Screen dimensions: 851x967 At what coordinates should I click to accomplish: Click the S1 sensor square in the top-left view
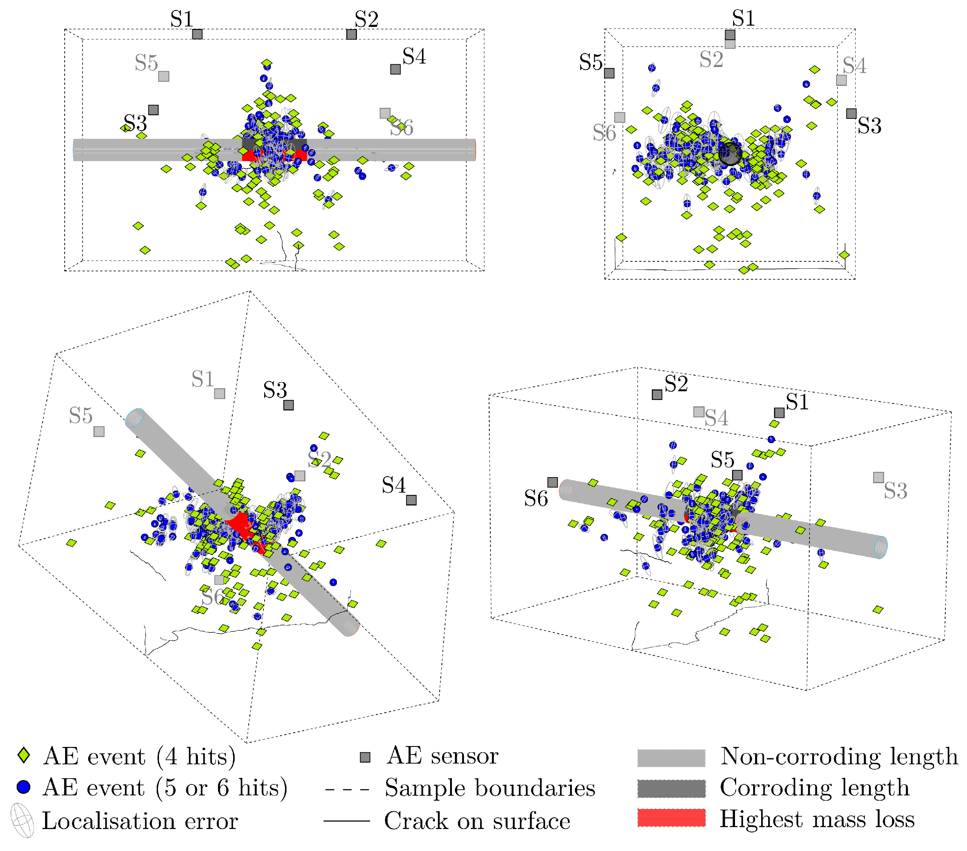[197, 34]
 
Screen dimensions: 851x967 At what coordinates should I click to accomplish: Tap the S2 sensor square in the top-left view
[351, 34]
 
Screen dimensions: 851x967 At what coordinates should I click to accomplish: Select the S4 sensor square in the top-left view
[396, 69]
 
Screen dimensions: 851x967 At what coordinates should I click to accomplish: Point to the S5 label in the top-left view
[146, 63]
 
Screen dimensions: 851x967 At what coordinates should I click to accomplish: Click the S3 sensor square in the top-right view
[851, 114]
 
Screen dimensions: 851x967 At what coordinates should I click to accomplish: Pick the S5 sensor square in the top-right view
[609, 73]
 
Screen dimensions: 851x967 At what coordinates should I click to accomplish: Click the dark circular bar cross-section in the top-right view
[730, 154]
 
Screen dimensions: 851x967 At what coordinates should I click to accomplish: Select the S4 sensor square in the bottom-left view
[411, 500]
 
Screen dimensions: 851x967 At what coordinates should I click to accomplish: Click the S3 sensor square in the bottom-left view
[288, 405]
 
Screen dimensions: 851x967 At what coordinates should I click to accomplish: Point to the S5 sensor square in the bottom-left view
[99, 431]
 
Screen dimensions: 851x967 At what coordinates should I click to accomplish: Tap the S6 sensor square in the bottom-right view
[553, 482]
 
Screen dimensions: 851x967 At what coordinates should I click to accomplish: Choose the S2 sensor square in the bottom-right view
[657, 395]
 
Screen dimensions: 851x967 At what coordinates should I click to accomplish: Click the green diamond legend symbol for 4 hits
[23, 755]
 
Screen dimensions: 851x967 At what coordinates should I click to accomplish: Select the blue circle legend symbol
[23, 787]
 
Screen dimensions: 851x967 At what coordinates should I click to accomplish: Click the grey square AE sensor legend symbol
[365, 757]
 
